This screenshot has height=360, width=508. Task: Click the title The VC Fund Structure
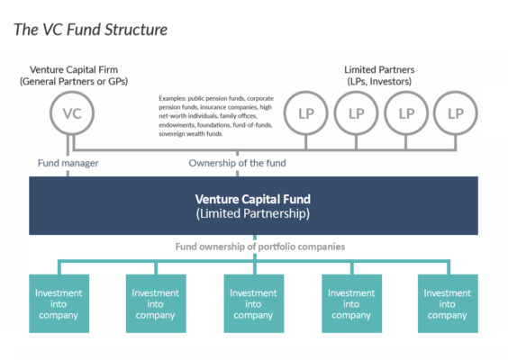pos(90,30)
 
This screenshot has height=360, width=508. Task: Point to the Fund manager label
pos(68,164)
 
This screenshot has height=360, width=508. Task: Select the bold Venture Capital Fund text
pos(253,199)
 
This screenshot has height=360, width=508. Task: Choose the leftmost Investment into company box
pos(59,303)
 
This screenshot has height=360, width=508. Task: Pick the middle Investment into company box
pos(253,303)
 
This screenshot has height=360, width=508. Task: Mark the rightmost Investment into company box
pos(448,303)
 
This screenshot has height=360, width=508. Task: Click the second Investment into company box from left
pos(156,303)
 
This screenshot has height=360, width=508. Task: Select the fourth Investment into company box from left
pos(350,303)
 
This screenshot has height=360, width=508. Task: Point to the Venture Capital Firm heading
pos(76,69)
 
